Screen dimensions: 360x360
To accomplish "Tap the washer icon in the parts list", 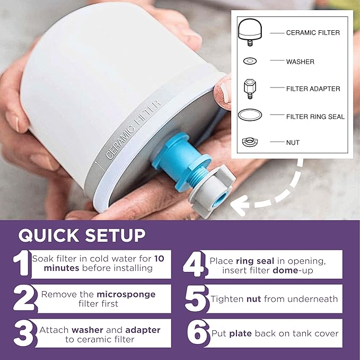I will click(248, 62).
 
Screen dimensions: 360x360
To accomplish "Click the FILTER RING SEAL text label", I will click(315, 117).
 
